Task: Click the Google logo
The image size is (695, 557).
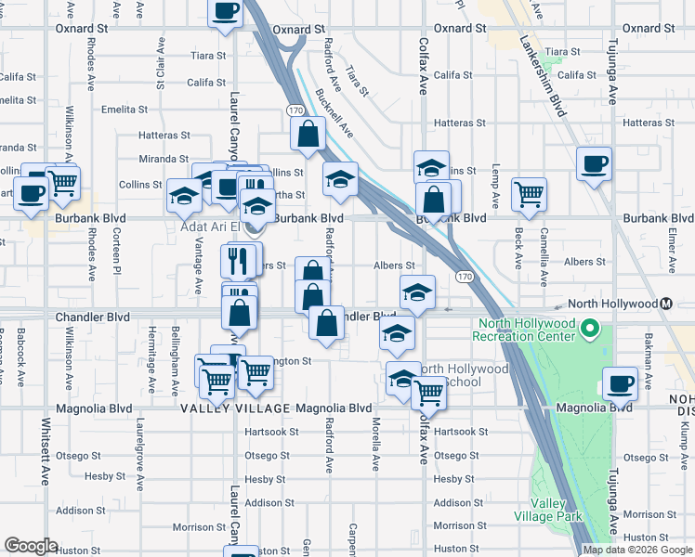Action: click(31, 546)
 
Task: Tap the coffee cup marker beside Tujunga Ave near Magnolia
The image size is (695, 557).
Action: click(620, 382)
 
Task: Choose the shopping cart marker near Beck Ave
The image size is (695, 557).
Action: click(529, 194)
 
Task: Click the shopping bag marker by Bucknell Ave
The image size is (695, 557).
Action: click(308, 135)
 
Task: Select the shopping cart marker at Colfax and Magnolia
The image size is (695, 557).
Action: click(428, 393)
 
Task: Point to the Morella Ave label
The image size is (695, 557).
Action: click(375, 445)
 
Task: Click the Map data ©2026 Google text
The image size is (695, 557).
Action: click(637, 550)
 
